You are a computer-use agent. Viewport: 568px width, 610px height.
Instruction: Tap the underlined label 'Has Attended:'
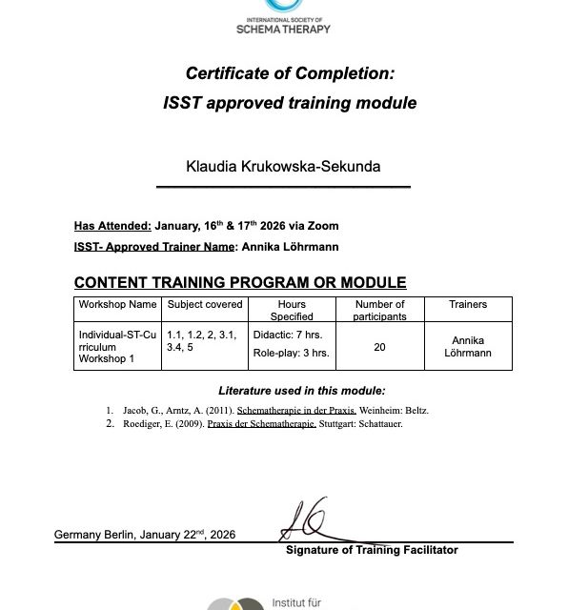pos(112,226)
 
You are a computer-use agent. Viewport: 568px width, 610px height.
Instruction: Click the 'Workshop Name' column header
pos(116,305)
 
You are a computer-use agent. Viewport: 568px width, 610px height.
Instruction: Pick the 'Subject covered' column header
pos(204,305)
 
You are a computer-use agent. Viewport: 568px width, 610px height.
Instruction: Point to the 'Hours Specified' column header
pos(291,310)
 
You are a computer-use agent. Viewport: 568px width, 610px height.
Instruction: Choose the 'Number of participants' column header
pos(379,310)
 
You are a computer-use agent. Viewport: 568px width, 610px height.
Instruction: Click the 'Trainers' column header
pos(467,305)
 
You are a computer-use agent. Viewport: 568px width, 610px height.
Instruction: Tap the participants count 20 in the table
pos(379,347)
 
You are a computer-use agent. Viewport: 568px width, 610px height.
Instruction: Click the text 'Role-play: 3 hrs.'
pos(291,353)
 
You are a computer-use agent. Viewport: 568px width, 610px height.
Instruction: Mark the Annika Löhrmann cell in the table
pos(467,347)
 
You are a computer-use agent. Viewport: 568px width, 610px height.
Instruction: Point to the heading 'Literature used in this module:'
pos(301,391)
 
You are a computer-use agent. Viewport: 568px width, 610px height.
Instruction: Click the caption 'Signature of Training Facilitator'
pos(372,550)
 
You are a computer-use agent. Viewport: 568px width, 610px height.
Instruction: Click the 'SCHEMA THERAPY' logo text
pos(283,28)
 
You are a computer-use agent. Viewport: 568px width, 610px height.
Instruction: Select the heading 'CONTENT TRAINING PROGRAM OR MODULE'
pos(240,282)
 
